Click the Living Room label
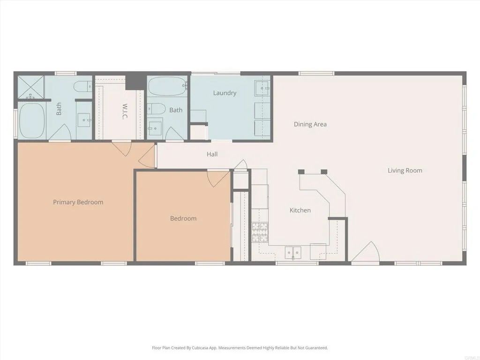pyautogui.click(x=405, y=171)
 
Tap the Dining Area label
pyautogui.click(x=310, y=125)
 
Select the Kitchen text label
pyautogui.click(x=300, y=210)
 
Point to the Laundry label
pyautogui.click(x=225, y=93)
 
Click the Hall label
pyautogui.click(x=212, y=154)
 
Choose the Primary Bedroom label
pyautogui.click(x=78, y=202)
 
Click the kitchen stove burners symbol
pyautogui.click(x=260, y=232)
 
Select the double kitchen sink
pyautogui.click(x=293, y=252)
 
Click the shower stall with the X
pyautogui.click(x=31, y=88)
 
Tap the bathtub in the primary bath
pyautogui.click(x=32, y=120)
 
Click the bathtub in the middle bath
pyautogui.click(x=167, y=87)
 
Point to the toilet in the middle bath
pyautogui.click(x=156, y=109)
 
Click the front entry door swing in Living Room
pyautogui.click(x=367, y=253)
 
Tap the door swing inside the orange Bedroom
pyautogui.click(x=217, y=178)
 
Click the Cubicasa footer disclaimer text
pyautogui.click(x=240, y=348)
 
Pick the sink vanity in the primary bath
pyautogui.click(x=84, y=120)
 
